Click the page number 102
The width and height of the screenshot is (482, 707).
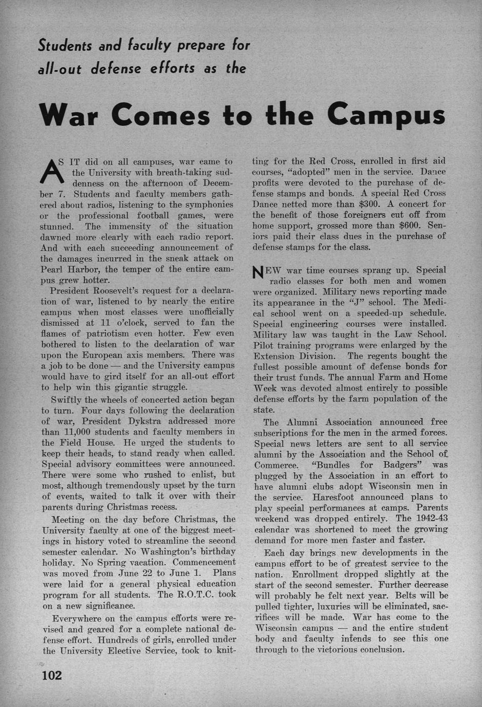click(52, 675)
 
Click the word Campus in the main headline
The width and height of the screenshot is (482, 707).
click(387, 114)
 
